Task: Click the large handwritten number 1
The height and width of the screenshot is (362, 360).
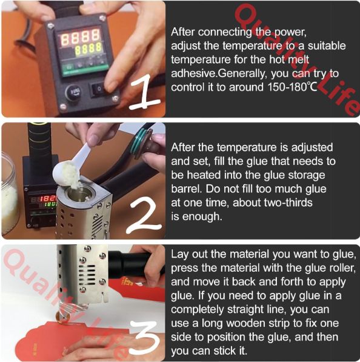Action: pyautogui.click(x=145, y=92)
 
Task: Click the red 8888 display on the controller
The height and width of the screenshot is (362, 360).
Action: pyautogui.click(x=81, y=36)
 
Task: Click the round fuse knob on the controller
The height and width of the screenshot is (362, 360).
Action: pyautogui.click(x=73, y=92)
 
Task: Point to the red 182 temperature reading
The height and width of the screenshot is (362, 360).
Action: pyautogui.click(x=48, y=198)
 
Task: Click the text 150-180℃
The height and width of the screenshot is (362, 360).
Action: pyautogui.click(x=292, y=87)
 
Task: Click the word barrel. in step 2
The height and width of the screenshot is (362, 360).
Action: pyautogui.click(x=187, y=189)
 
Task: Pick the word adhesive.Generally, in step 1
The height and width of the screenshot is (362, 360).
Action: pyautogui.click(x=219, y=73)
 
